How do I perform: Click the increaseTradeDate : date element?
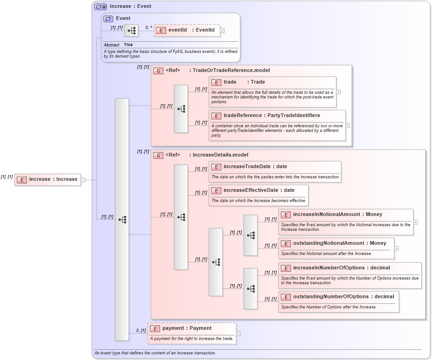coord(255,166)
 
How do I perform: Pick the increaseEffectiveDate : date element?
coord(258,190)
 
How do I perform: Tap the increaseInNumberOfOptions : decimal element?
coord(341,268)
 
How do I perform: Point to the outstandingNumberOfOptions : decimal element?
coord(343,297)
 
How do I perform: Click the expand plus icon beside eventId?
coord(222,31)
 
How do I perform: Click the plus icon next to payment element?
coord(238,333)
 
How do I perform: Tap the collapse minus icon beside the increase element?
coord(83,180)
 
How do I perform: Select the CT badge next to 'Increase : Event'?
coord(100,7)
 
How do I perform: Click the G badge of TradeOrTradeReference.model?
coord(158,71)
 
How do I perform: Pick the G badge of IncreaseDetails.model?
coord(158,155)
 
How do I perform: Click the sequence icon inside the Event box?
coord(131,31)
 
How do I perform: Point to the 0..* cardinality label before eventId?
coord(148,27)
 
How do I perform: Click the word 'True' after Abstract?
coord(128,45)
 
